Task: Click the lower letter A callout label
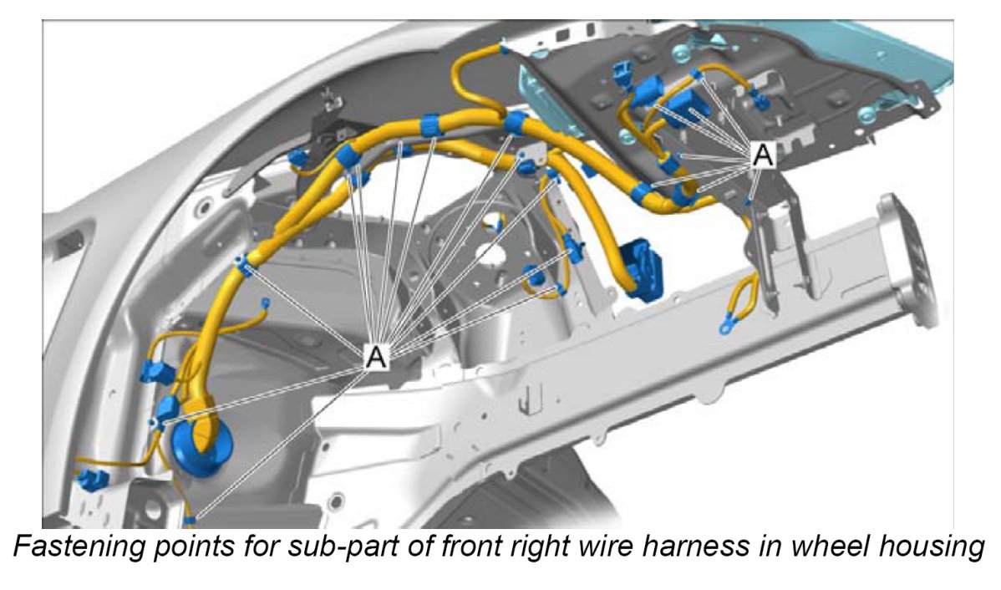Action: tap(377, 356)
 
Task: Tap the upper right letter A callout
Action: tap(762, 154)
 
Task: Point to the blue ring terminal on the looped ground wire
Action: tap(726, 324)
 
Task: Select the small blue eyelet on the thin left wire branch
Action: tap(266, 303)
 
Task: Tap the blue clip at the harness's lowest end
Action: tap(191, 520)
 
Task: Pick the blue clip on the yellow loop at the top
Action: tap(504, 49)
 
